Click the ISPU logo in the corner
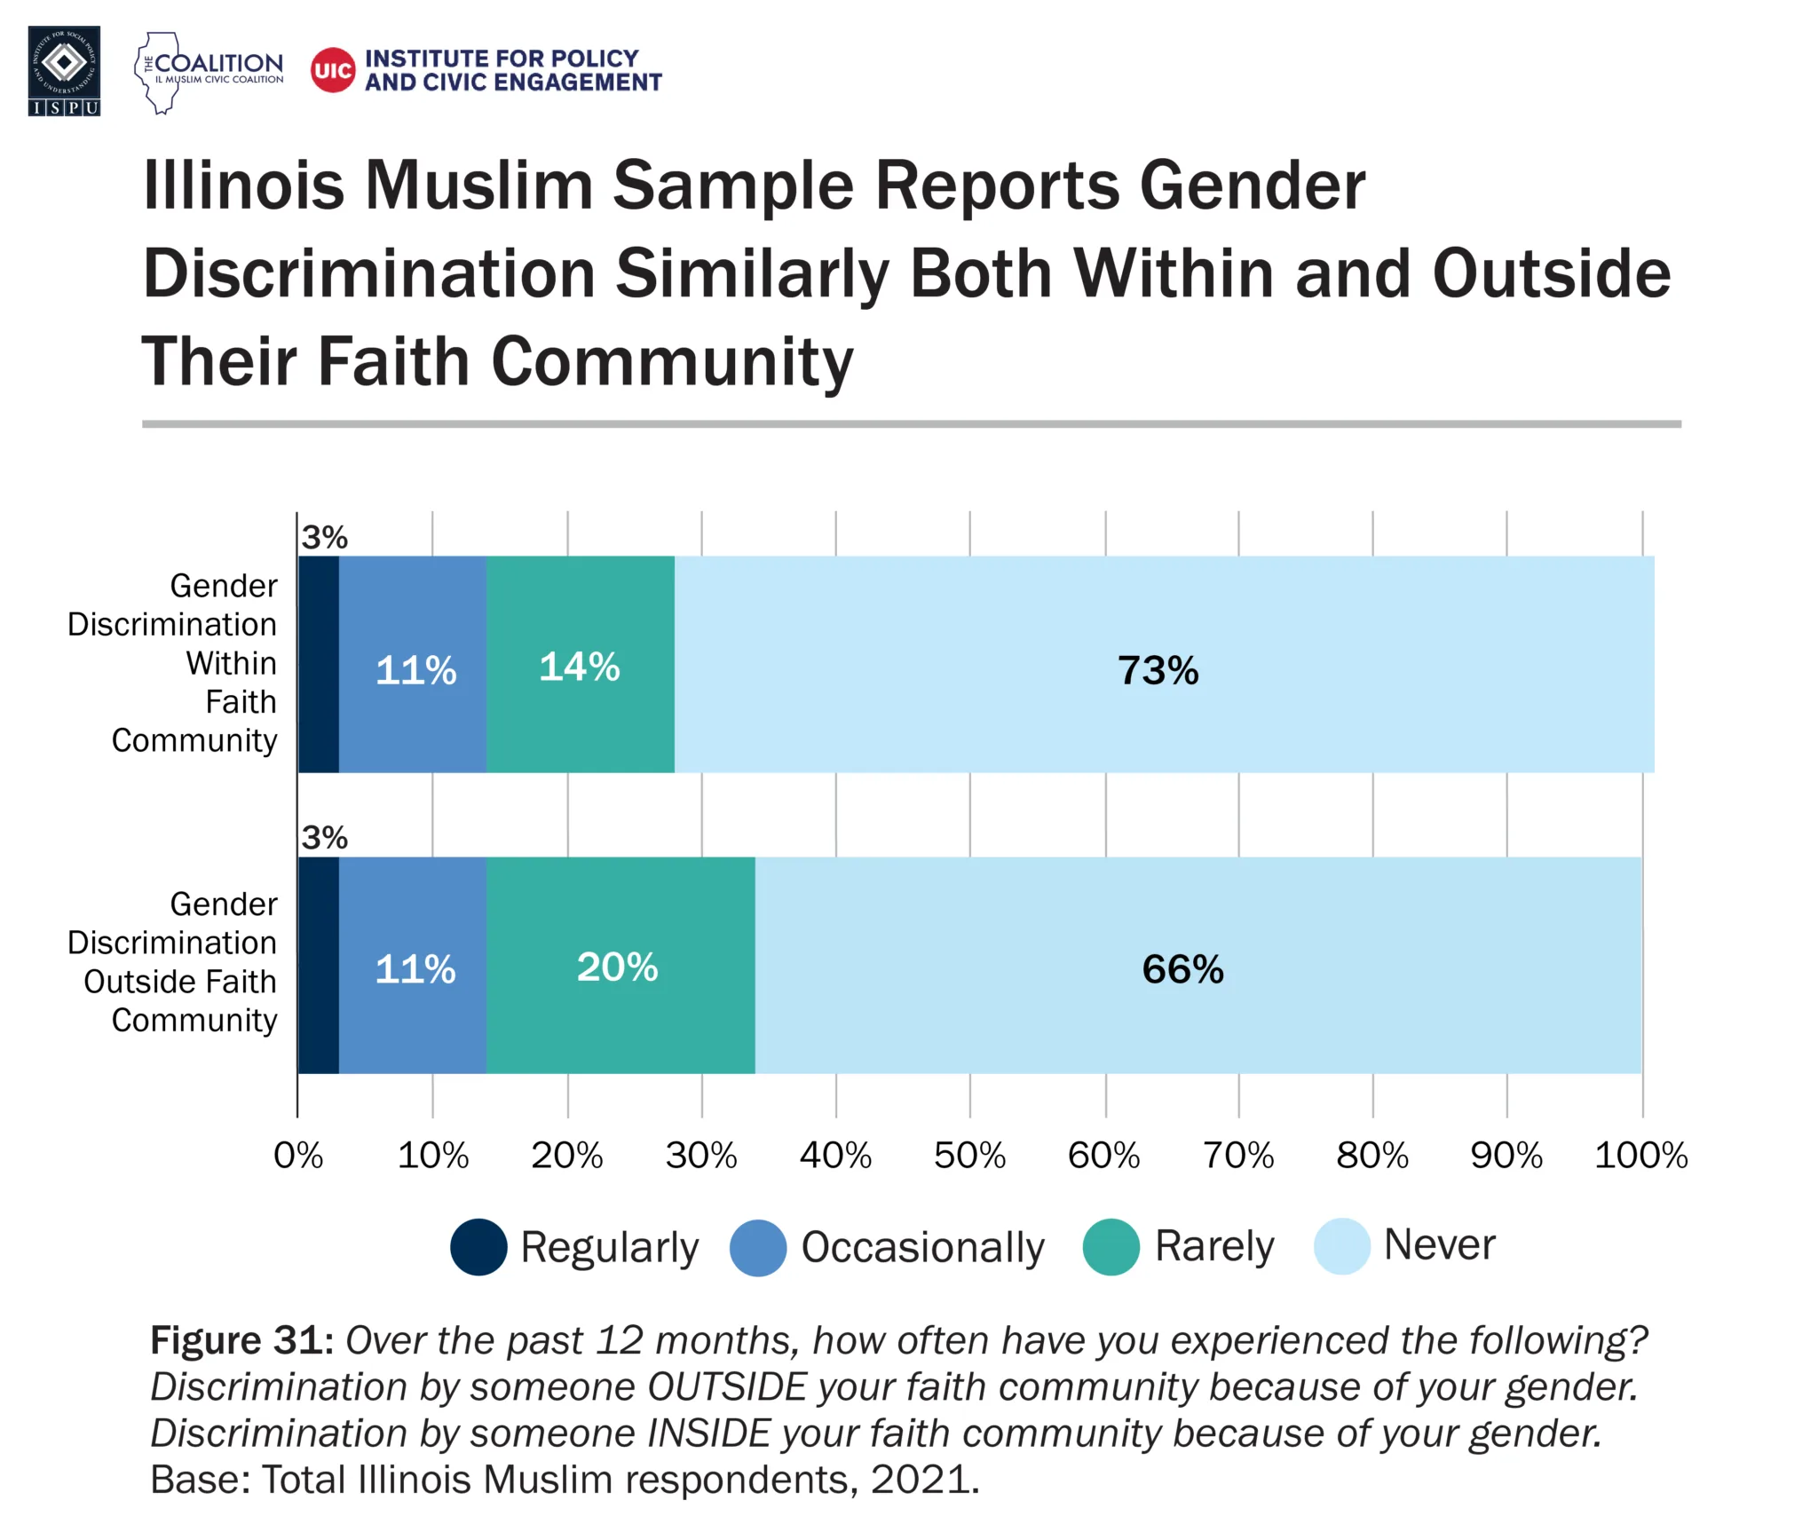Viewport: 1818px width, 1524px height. (x=64, y=71)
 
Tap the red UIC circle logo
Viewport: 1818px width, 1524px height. (x=333, y=70)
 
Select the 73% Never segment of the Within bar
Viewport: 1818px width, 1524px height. (x=1163, y=664)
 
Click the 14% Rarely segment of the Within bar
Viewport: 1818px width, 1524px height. (x=580, y=664)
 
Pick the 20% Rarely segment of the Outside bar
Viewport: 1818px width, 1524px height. (x=620, y=965)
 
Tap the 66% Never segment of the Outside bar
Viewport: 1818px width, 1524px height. (x=1197, y=965)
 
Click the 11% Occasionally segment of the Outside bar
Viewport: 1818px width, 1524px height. (x=413, y=965)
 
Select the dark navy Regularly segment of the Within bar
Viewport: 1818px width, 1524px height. (x=319, y=664)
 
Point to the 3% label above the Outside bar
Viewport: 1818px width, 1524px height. (x=324, y=837)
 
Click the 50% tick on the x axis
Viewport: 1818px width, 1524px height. (x=969, y=1155)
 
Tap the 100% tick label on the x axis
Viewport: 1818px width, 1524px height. (x=1640, y=1155)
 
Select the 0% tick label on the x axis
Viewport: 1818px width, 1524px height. (x=298, y=1155)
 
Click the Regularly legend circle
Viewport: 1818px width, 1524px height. (x=478, y=1246)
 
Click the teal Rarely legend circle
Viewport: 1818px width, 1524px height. (x=1111, y=1246)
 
